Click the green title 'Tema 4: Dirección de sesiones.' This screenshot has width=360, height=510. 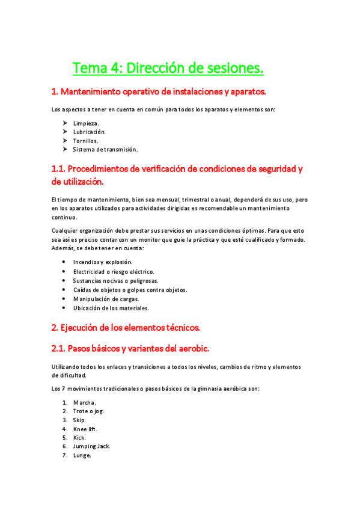pos(168,69)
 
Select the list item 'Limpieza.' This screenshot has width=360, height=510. pos(87,123)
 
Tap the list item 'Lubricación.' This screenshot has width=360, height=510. pos(90,132)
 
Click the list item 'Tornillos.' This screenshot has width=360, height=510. pos(86,141)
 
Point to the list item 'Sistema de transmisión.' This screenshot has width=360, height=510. pos(105,149)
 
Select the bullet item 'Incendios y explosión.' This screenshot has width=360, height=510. pos(103,262)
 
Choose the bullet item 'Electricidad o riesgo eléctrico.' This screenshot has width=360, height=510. pos(114,271)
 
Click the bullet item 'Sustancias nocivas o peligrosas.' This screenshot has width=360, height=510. pos(115,281)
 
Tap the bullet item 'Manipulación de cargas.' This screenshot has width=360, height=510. pos(106,299)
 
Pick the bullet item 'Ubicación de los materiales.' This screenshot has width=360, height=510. pos(111,308)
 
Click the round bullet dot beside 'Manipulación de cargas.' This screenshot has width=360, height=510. pos(64,299)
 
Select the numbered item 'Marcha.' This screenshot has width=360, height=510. pos(85,402)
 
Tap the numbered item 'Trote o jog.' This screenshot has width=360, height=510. pos(88,411)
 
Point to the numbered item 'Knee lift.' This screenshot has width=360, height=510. pos(85,429)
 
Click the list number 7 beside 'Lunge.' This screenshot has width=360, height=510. pos(64,455)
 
